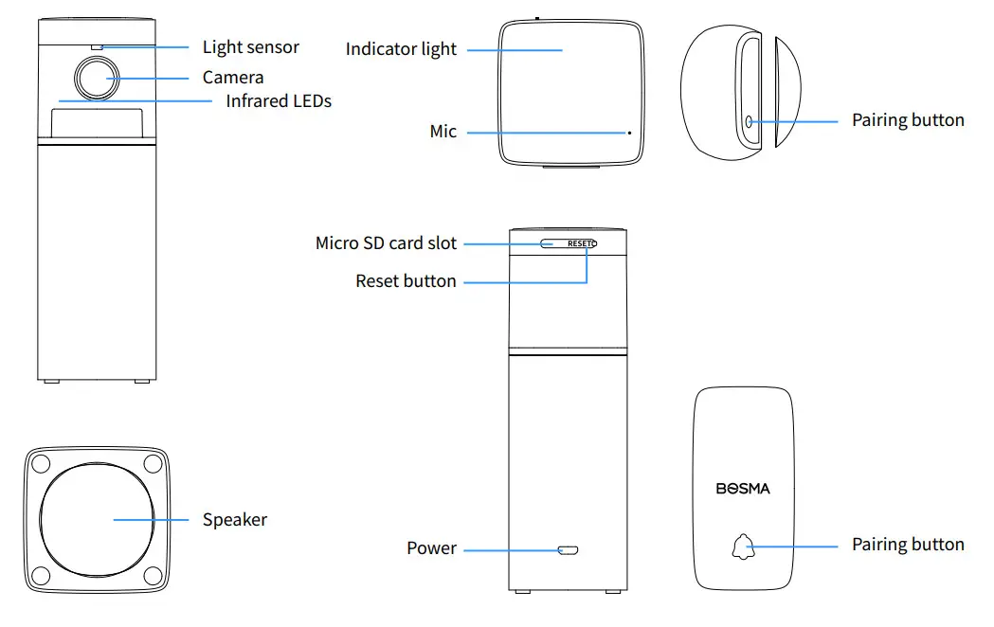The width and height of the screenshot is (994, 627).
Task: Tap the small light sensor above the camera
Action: (x=97, y=45)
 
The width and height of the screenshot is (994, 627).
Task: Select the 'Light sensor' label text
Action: (x=250, y=47)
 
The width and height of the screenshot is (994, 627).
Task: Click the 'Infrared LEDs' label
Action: (x=278, y=100)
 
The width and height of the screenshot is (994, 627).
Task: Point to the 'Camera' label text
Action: (x=232, y=78)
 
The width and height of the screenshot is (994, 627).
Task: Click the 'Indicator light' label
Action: (x=401, y=49)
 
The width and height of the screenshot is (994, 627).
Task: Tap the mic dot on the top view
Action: (x=628, y=133)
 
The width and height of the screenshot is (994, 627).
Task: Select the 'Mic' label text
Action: (x=443, y=132)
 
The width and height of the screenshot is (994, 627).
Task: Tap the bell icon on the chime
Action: (x=741, y=546)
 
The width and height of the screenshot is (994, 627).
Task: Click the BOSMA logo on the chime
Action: (x=743, y=489)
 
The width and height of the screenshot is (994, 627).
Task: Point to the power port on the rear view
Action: (x=569, y=549)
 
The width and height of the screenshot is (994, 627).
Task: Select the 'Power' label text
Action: (x=431, y=548)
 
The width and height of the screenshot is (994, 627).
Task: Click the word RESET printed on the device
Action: (x=579, y=243)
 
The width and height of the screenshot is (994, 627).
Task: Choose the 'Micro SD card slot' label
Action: (x=386, y=243)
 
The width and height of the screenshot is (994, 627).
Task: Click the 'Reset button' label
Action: (x=406, y=281)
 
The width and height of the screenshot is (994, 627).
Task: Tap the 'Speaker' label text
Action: (x=234, y=520)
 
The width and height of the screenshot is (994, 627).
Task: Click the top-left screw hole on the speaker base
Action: (x=39, y=464)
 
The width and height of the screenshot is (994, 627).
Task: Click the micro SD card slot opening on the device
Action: (x=550, y=243)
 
